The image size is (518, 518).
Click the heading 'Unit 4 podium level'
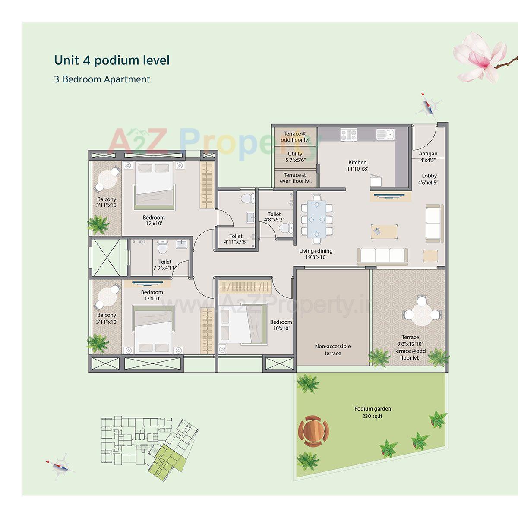[x=112, y=60]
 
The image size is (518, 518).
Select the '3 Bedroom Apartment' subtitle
[x=102, y=79]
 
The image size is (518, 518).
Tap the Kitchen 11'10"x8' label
[x=358, y=166]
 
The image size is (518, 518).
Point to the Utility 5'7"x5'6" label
[x=295, y=157]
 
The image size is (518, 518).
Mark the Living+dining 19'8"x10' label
[x=316, y=254]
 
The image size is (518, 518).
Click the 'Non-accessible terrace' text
[x=333, y=350]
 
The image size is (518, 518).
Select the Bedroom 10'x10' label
[x=281, y=325]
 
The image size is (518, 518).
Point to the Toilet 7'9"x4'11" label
[x=165, y=265]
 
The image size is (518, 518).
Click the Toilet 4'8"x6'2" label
[x=274, y=217]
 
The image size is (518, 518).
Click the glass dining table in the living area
[x=317, y=219]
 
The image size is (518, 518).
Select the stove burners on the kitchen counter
[x=348, y=134]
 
